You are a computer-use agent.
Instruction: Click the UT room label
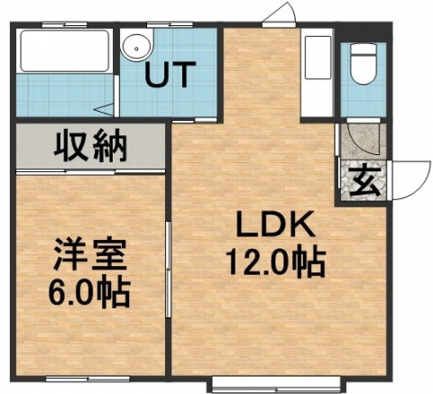(x=170, y=74)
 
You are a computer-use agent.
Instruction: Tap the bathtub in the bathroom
(x=65, y=50)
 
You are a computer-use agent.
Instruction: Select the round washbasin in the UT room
(x=136, y=48)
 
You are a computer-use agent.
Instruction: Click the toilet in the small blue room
(x=364, y=63)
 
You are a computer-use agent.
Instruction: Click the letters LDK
(x=276, y=224)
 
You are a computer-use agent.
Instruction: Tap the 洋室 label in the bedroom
(x=89, y=254)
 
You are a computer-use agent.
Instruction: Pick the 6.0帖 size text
(x=89, y=292)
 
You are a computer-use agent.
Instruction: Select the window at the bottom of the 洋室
(x=88, y=379)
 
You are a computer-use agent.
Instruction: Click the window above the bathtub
(x=64, y=24)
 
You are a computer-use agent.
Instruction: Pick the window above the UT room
(x=170, y=24)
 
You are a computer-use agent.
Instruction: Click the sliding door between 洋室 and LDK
(x=169, y=270)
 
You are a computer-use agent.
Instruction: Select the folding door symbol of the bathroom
(x=106, y=109)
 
